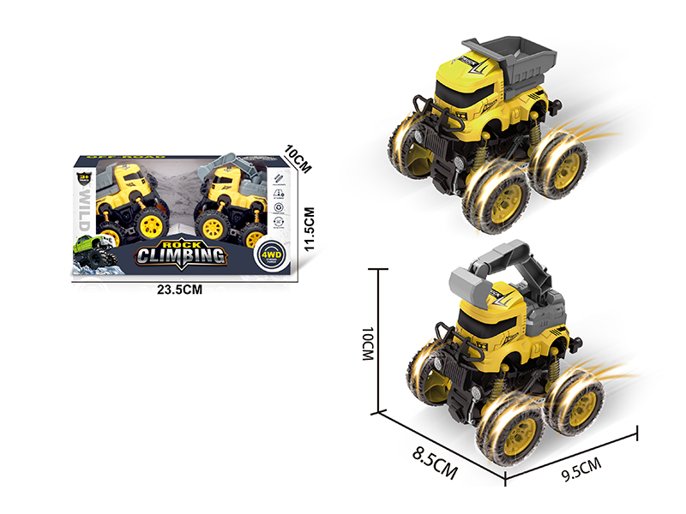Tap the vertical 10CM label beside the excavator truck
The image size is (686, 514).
370,342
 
